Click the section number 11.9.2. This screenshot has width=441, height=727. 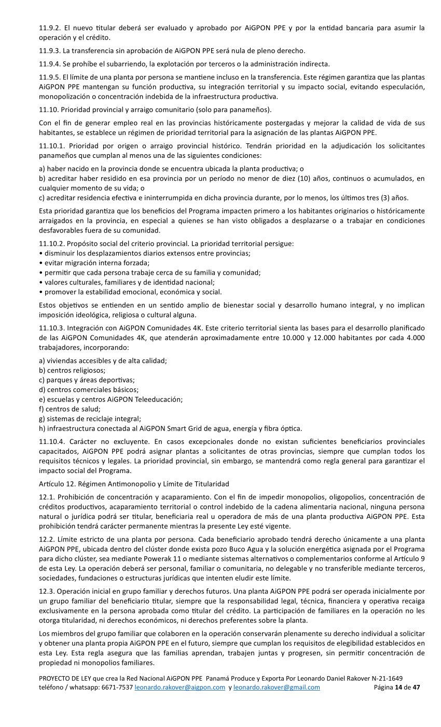(x=50, y=28)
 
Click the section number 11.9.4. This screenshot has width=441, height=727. (x=50, y=64)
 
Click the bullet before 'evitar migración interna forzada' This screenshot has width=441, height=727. (x=41, y=263)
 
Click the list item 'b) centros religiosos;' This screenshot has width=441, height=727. (x=72, y=370)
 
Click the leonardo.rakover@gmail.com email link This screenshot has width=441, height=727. (x=277, y=688)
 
